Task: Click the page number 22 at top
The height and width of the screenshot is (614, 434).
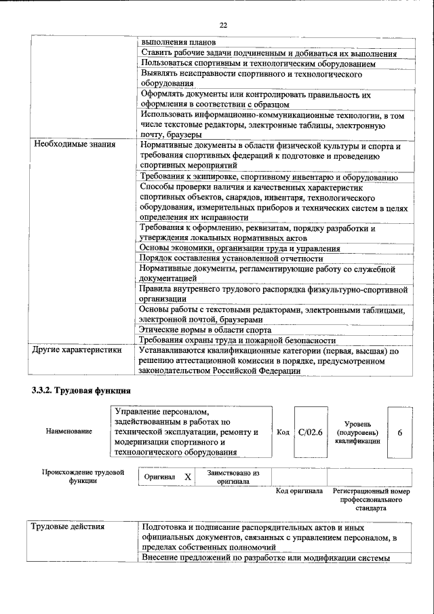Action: [223, 25]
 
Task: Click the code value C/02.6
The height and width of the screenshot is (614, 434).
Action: [311, 431]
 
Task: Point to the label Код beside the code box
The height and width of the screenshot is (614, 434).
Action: [283, 431]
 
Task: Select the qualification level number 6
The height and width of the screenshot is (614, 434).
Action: [399, 431]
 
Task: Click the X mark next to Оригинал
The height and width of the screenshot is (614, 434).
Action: [188, 477]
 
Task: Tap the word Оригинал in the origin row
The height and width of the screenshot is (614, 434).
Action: [160, 477]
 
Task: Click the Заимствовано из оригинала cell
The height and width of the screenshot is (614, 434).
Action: [233, 477]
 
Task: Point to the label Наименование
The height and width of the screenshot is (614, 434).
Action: [69, 431]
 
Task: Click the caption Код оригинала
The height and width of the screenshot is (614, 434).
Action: [299, 491]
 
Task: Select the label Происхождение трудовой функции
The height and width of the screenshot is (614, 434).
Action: [82, 476]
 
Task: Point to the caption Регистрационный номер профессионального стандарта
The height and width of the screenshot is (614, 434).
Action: [372, 499]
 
